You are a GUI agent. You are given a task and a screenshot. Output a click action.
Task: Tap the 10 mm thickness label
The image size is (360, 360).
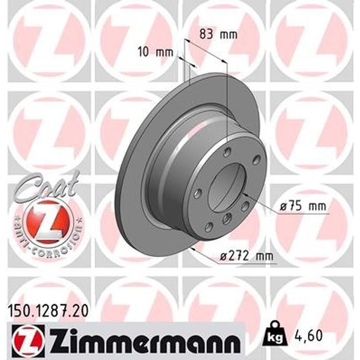155,52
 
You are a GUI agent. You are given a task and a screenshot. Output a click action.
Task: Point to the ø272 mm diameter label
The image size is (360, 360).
246,256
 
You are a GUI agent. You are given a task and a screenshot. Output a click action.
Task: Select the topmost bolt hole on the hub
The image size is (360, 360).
227,151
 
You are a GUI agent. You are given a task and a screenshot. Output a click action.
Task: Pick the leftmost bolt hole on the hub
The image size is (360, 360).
197,193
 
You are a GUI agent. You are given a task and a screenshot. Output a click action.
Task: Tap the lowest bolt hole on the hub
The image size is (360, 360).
208,227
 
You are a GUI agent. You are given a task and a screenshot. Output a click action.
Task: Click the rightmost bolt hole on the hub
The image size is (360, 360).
256,160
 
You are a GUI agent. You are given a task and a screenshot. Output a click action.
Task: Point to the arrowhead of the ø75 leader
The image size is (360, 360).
243,194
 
